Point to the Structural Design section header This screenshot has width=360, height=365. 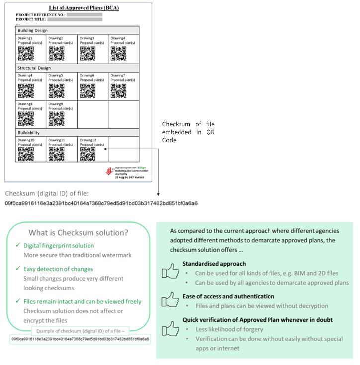tap(34, 68)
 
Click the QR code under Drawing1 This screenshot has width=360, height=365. tap(26, 53)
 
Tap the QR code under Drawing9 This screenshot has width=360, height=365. tap(57, 118)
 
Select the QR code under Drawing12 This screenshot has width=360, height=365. tap(88, 154)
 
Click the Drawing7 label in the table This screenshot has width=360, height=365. tap(117, 75)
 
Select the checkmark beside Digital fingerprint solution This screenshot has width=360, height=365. tap(18, 245)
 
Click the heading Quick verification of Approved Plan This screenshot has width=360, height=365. tap(257, 319)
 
